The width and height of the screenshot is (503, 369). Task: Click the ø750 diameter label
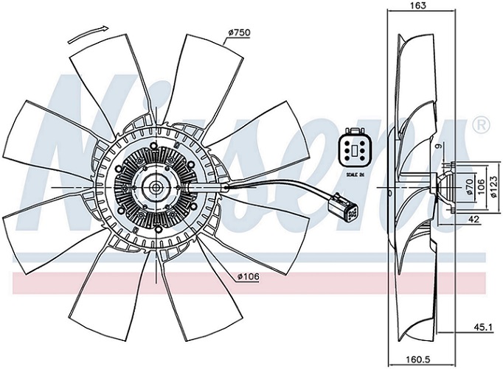pyautogui.click(x=238, y=32)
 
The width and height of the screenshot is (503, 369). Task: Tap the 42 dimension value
pyautogui.click(x=475, y=219)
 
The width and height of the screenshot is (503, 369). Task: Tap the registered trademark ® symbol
pyautogui.click(x=481, y=124)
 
